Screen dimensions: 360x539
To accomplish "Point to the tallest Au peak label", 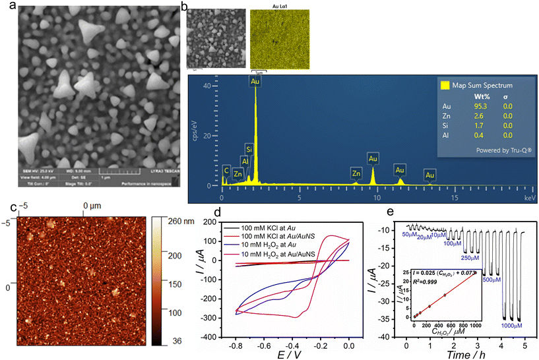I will pos(255,81).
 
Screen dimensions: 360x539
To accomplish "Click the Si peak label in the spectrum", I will pos(249,148).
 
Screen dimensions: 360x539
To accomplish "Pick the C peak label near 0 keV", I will pos(226,169).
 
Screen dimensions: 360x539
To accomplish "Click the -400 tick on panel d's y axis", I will pos(216,336).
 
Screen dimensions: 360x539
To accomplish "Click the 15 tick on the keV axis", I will pos(454,196).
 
